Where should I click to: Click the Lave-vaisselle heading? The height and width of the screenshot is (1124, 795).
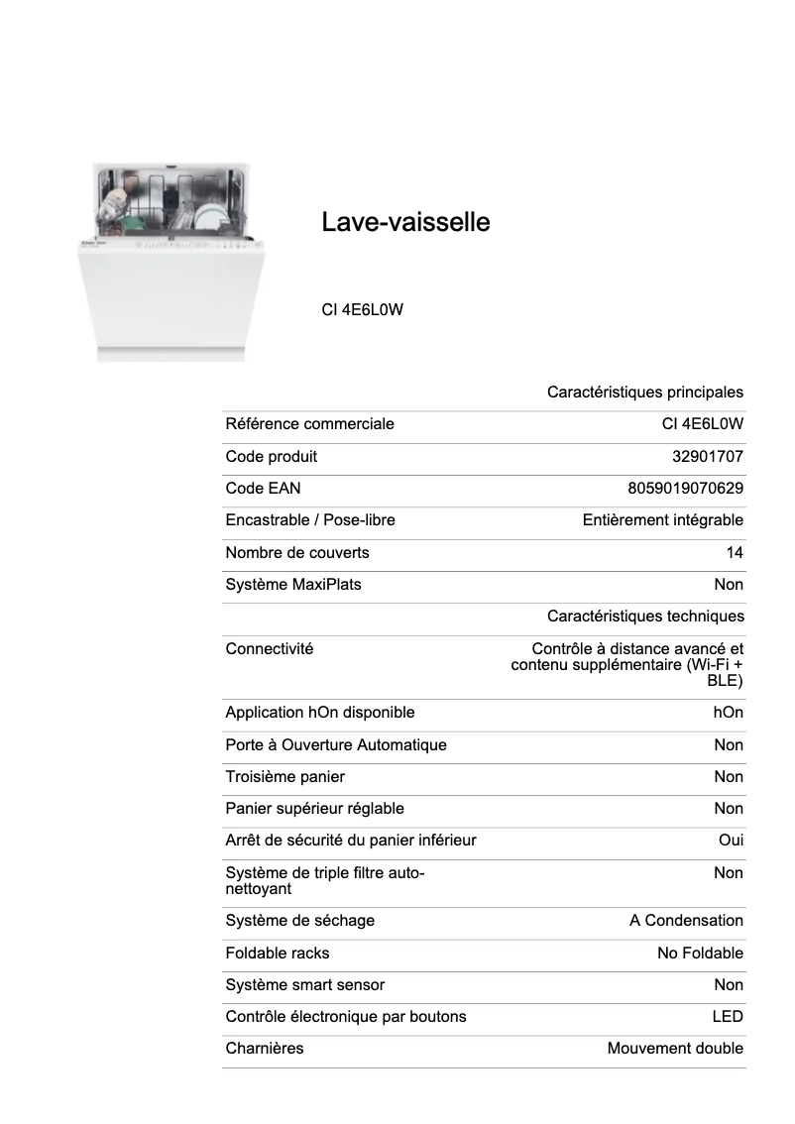point(405,222)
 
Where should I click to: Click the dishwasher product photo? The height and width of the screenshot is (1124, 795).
point(164,263)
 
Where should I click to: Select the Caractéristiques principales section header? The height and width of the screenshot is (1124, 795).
point(644,393)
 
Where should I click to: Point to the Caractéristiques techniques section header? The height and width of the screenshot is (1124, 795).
point(644,617)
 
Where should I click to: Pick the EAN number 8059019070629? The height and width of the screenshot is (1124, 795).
point(685,489)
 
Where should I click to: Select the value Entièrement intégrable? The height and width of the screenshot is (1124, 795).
point(662,520)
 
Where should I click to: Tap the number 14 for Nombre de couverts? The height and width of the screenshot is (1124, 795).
point(734,553)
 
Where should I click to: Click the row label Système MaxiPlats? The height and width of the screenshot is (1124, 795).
point(293,585)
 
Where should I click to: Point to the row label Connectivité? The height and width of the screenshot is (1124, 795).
point(270,649)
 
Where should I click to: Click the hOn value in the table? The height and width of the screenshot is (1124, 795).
point(728,713)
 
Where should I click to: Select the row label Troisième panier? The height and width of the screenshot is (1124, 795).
point(285,777)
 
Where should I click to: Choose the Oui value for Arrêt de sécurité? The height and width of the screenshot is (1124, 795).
point(731,841)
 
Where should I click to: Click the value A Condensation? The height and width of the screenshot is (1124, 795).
point(686,921)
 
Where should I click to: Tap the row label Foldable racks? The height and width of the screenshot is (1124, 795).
point(278,954)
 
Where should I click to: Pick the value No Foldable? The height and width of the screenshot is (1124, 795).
point(700,954)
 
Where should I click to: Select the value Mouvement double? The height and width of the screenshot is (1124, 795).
point(675,1049)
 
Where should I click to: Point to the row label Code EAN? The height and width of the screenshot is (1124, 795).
point(263,489)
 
